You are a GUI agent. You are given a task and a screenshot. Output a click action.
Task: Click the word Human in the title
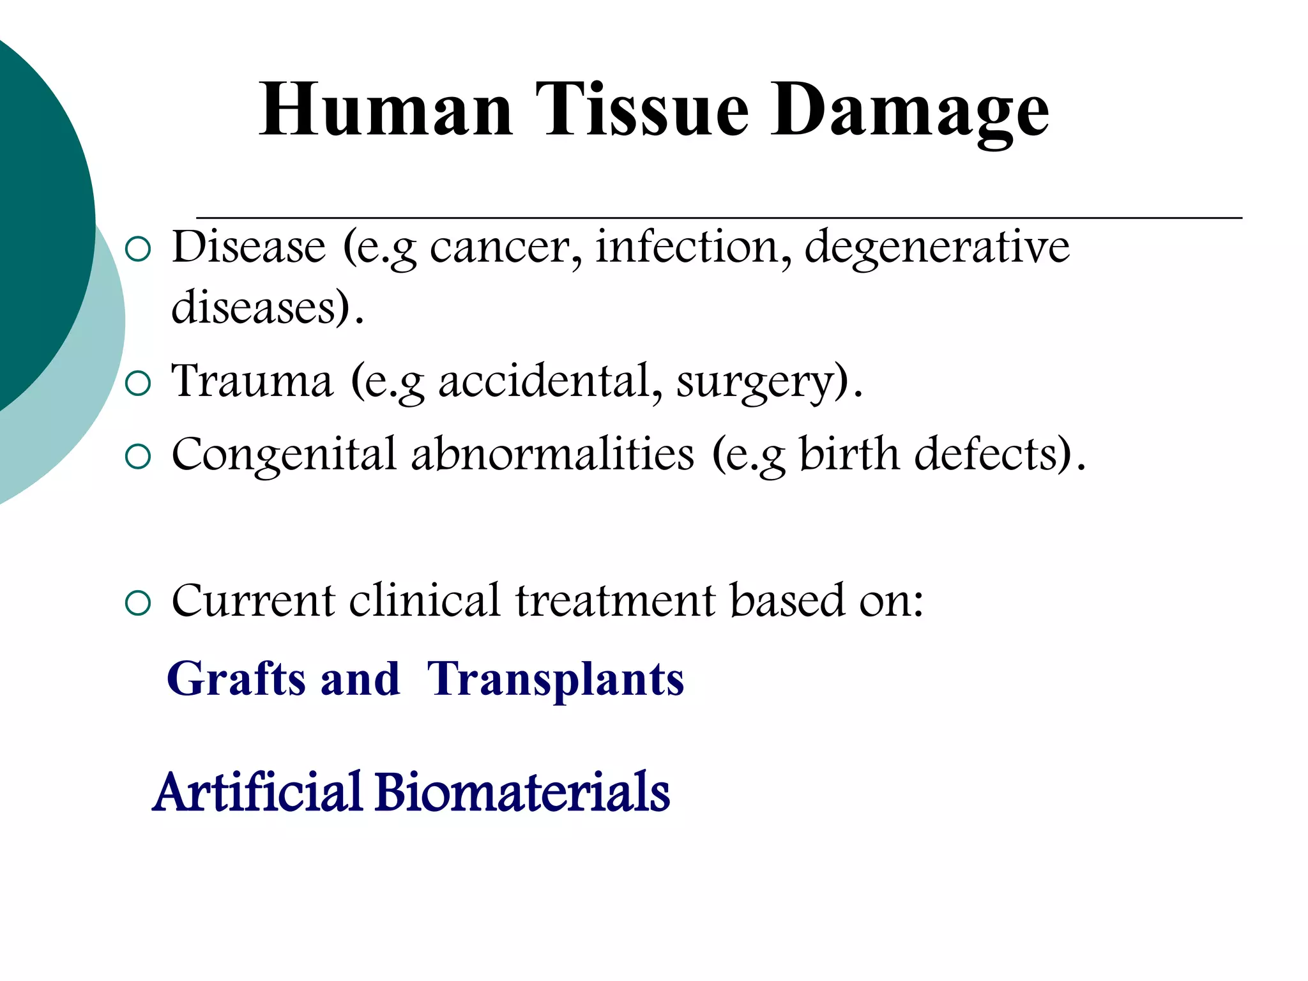coord(386,110)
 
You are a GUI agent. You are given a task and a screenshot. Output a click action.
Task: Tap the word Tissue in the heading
coord(641,110)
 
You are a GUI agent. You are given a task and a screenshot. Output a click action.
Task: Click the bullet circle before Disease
coord(139,250)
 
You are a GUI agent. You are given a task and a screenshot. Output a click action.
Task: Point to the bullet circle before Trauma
coord(139,384)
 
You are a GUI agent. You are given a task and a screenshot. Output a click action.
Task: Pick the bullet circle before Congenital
coord(139,457)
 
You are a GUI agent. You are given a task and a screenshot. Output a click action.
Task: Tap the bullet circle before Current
coord(139,604)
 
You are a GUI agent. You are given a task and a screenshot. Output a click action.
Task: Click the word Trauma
coord(252,381)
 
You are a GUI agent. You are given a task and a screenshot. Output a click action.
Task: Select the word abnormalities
coord(552,455)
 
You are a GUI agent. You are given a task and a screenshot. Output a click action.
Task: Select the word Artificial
coord(258,793)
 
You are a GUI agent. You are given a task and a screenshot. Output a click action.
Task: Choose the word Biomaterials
coord(522,793)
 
